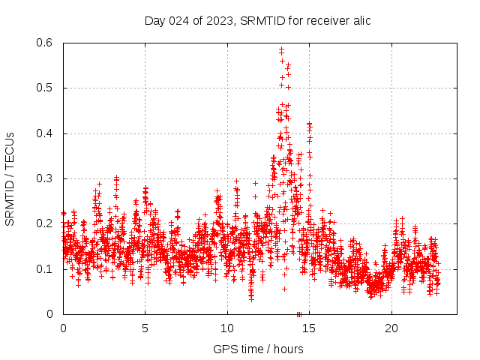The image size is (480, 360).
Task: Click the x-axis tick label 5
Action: click(x=145, y=328)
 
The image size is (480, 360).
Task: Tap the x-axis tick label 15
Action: click(x=310, y=328)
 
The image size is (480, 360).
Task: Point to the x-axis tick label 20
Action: click(x=392, y=328)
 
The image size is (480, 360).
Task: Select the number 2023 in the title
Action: click(x=218, y=20)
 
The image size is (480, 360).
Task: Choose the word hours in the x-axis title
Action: click(x=288, y=349)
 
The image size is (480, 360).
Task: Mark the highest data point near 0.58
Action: click(x=281, y=49)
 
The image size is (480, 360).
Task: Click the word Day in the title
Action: click(x=154, y=20)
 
